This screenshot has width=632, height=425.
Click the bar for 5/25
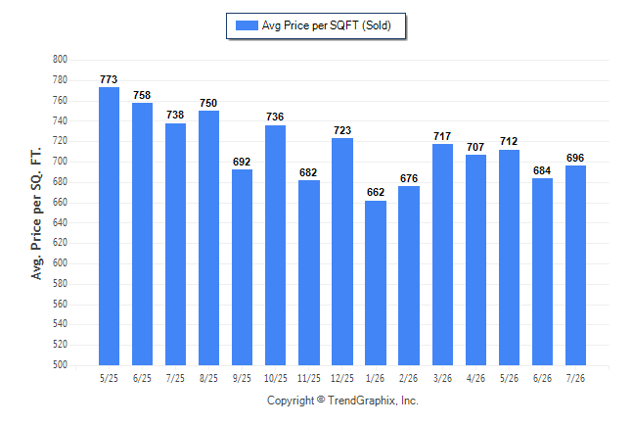pyautogui.click(x=109, y=226)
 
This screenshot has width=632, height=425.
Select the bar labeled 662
pyautogui.click(x=376, y=283)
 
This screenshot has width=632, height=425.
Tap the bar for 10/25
pyautogui.click(x=275, y=245)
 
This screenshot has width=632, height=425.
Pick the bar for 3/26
pyautogui.click(x=442, y=255)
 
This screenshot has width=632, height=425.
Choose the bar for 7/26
pyautogui.click(x=575, y=265)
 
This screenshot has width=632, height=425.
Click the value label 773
pyautogui.click(x=109, y=79)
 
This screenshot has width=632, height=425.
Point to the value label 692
pyautogui.click(x=242, y=162)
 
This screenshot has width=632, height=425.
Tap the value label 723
pyautogui.click(x=342, y=130)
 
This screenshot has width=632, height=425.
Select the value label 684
pyautogui.click(x=542, y=170)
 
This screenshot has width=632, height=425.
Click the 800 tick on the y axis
pyautogui.click(x=60, y=60)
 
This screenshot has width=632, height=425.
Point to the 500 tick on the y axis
pyautogui.click(x=60, y=365)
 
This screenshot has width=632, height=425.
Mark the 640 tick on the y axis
pyautogui.click(x=60, y=222)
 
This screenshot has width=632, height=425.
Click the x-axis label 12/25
pyautogui.click(x=342, y=378)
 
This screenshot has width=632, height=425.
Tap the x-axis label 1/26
pyautogui.click(x=376, y=378)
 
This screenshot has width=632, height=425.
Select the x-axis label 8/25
pyautogui.click(x=208, y=378)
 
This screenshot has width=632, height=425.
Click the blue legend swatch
pyautogui.click(x=247, y=25)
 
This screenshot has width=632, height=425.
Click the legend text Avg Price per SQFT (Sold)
pyautogui.click(x=327, y=25)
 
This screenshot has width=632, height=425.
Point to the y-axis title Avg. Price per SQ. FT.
pyautogui.click(x=36, y=213)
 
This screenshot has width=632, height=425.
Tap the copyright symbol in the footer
pyautogui.click(x=321, y=400)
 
